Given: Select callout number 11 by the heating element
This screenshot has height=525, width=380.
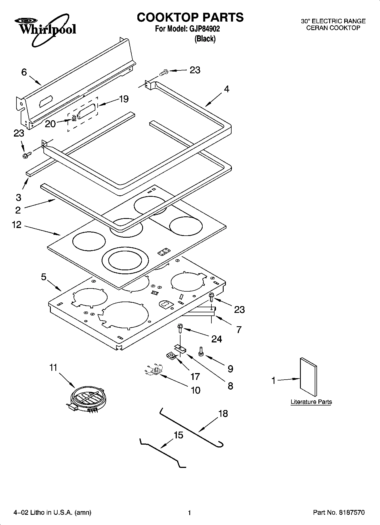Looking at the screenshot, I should coord(53,368).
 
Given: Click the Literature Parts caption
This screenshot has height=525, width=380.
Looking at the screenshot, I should coord(311,402).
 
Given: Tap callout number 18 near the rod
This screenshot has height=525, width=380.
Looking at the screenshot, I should coord(223,414).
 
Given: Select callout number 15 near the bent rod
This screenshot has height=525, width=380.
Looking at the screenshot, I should coord(179,435).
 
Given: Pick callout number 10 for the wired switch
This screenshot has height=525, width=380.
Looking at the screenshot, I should coord(196,390).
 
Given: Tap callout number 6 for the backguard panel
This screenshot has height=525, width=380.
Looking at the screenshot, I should coord(24,72).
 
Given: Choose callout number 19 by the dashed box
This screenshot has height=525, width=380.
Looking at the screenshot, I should coord(124,99).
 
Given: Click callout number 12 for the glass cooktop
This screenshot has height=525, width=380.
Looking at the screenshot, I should coord(17,225).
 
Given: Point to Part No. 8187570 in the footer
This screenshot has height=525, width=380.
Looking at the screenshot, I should coord(339,513).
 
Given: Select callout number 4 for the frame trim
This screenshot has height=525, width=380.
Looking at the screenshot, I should coord(226,89).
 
